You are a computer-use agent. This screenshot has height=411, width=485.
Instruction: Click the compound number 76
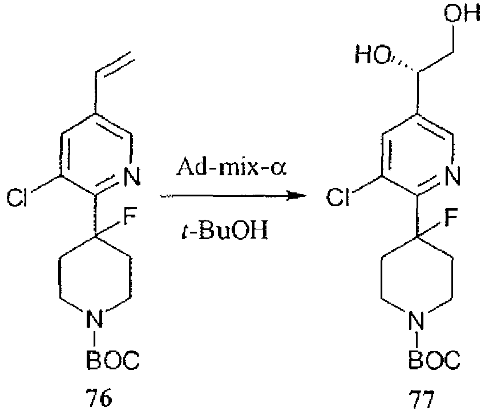click(98, 397)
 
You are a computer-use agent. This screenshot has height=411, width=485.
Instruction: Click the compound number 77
click(422, 400)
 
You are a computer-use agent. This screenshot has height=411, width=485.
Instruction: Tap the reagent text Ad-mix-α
click(232, 167)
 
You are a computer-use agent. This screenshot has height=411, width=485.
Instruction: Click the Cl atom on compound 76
click(17, 197)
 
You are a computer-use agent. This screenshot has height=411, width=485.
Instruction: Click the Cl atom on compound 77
click(338, 197)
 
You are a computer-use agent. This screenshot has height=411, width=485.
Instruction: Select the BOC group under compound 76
click(112, 359)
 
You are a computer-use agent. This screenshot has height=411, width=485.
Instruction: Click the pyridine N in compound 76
click(132, 176)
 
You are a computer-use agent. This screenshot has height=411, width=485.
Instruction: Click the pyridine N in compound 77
click(452, 176)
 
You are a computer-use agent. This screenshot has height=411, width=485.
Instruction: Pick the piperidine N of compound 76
click(94, 319)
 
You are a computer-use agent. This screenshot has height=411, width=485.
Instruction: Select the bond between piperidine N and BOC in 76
click(94, 339)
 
